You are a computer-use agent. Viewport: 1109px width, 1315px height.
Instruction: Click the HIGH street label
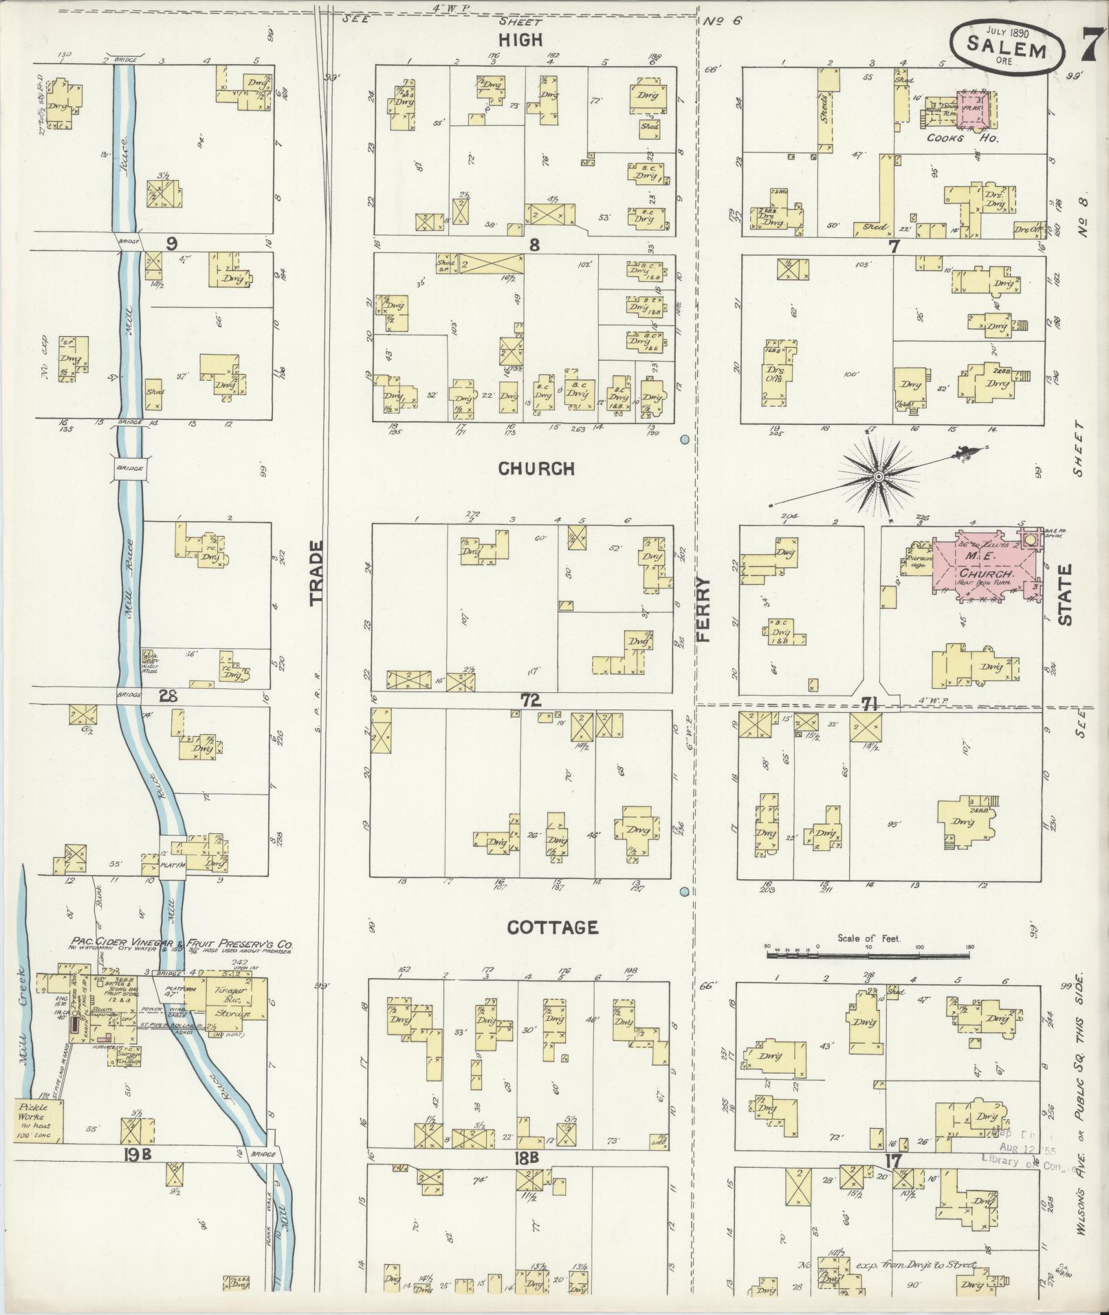[x=520, y=40]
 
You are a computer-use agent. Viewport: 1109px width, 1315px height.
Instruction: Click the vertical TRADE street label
[x=316, y=573]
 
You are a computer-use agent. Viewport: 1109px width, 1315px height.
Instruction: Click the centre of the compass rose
[x=879, y=476]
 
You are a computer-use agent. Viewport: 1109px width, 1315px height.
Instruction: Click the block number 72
[x=531, y=700]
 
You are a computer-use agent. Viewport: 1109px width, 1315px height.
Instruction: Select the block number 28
[x=168, y=696]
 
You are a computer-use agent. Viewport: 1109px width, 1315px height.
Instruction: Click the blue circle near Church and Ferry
[x=684, y=439]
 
